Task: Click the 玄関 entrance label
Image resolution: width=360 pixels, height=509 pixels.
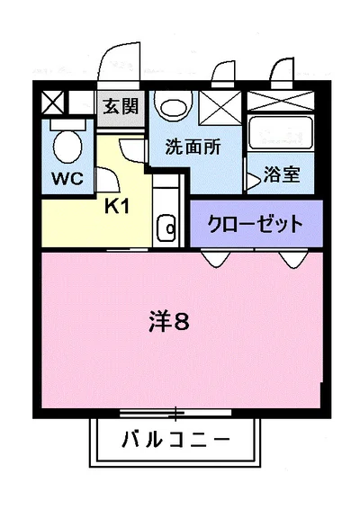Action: [x=121, y=107]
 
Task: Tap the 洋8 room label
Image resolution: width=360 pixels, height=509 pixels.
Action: [x=169, y=321]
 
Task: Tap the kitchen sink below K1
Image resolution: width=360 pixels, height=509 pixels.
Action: [x=166, y=229]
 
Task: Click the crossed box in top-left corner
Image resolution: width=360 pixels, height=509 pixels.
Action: [x=51, y=101]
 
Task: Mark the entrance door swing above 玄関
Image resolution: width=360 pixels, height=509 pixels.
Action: [x=117, y=67]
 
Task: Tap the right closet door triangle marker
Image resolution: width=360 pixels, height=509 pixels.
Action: [x=292, y=258]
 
